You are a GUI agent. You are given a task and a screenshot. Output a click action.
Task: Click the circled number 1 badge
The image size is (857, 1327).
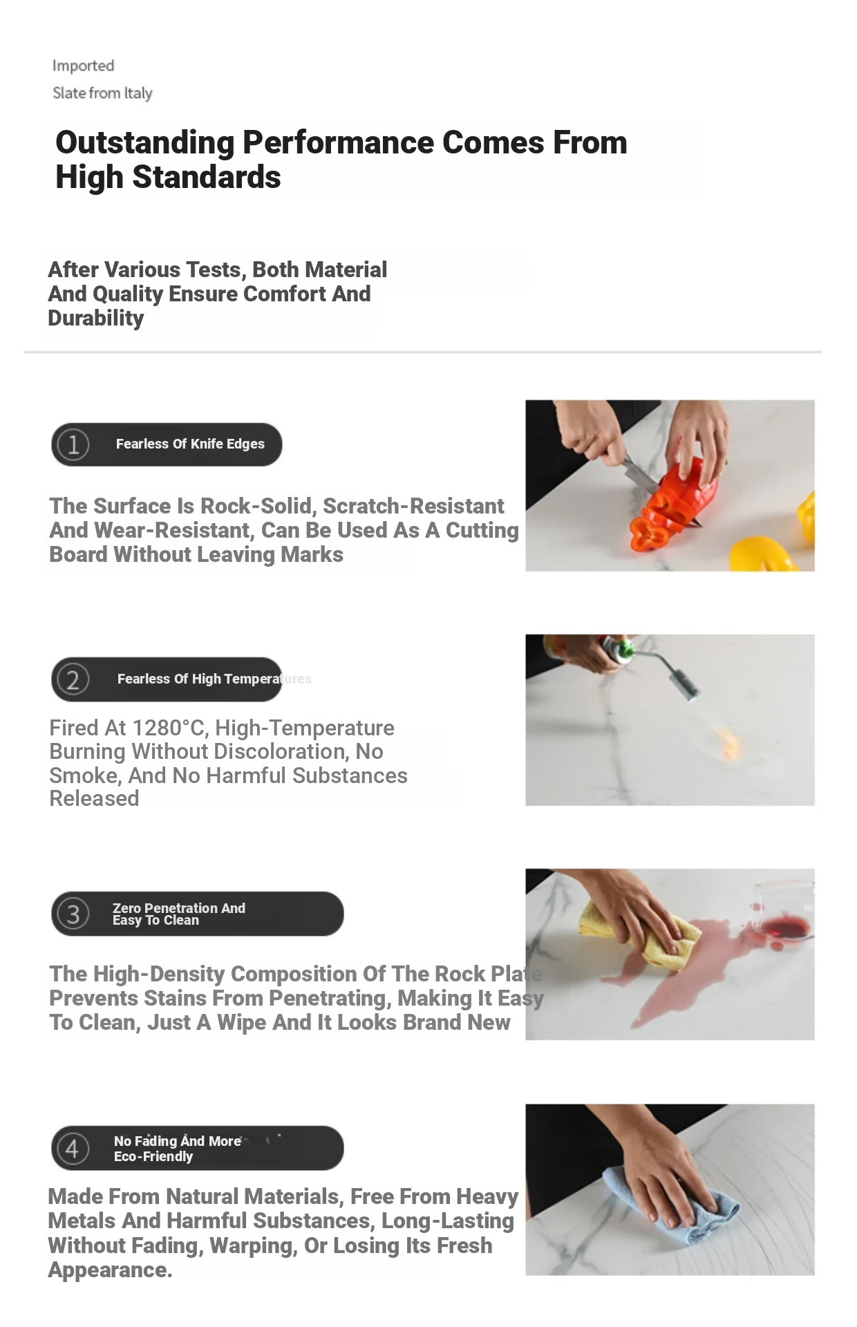pyautogui.click(x=73, y=444)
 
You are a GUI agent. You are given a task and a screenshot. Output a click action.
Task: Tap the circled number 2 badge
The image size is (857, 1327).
pyautogui.click(x=73, y=679)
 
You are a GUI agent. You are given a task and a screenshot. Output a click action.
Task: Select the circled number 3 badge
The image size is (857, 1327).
pyautogui.click(x=73, y=914)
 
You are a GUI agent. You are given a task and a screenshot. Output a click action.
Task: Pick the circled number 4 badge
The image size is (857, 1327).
pyautogui.click(x=73, y=1148)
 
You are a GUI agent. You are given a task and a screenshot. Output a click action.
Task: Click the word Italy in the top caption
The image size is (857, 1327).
pyautogui.click(x=138, y=93)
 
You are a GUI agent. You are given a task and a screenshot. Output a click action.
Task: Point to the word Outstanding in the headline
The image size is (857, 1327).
pyautogui.click(x=145, y=142)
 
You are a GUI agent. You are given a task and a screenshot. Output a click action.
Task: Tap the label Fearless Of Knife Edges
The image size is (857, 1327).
pyautogui.click(x=190, y=444)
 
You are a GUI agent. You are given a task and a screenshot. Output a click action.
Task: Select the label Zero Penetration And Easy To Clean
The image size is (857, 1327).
pyautogui.click(x=178, y=914)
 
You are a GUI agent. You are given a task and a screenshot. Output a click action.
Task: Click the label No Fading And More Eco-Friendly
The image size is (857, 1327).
pyautogui.click(x=177, y=1149)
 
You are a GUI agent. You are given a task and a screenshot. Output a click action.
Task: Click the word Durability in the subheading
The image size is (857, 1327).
pyautogui.click(x=96, y=319)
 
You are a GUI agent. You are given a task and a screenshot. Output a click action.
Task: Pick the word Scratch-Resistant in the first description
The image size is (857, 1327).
pyautogui.click(x=413, y=506)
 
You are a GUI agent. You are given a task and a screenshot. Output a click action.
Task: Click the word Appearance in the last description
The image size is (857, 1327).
pyautogui.click(x=110, y=1270)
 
